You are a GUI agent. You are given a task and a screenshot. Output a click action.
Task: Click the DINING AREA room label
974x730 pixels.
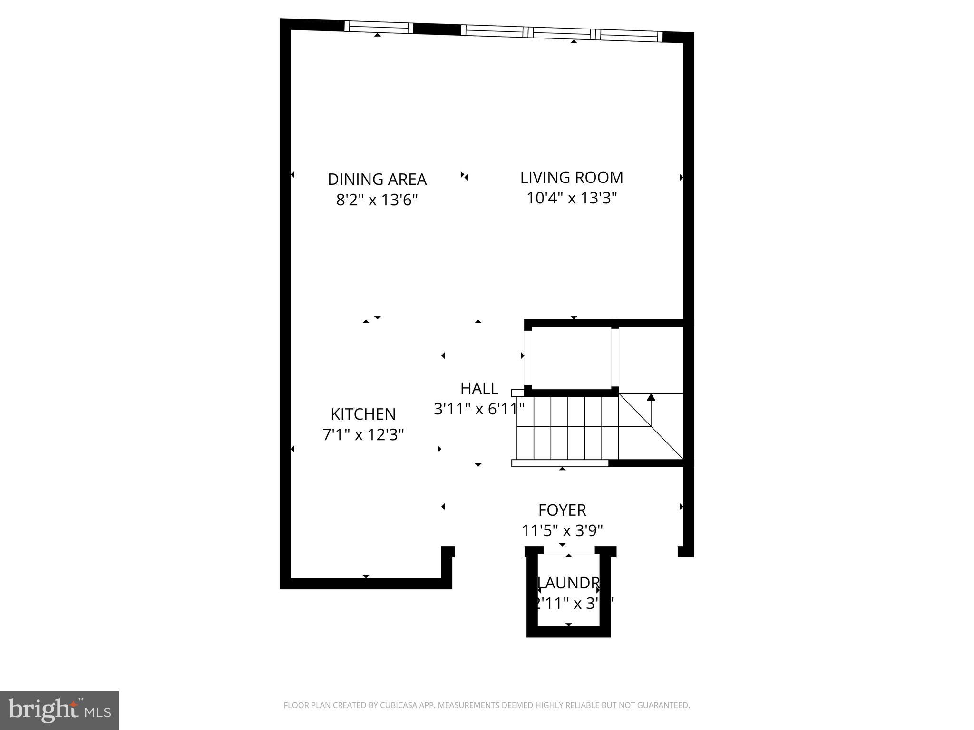coord(377,180)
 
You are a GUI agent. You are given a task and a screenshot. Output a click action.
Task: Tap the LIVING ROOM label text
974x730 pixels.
coord(571,178)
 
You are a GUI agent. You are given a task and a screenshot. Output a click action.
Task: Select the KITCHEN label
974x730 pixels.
coord(363,414)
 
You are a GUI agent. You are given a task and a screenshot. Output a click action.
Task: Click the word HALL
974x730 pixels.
coord(479,388)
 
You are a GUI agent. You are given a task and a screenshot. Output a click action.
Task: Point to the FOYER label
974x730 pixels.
coord(562,510)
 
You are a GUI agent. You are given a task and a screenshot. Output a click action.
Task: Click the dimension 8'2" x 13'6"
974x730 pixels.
coord(377,200)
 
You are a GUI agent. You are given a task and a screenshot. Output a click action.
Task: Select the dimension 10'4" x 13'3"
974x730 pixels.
coord(571,198)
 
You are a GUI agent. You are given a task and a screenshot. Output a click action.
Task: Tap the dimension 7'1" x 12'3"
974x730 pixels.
coord(363,434)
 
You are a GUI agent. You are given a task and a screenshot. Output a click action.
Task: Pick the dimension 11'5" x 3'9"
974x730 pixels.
coord(562,530)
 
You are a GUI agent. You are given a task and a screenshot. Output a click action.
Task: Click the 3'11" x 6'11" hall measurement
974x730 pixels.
coord(479,409)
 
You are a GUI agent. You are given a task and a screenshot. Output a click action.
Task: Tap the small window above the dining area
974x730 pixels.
coord(378,28)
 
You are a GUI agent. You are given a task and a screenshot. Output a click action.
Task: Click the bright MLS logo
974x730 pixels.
coord(59,711)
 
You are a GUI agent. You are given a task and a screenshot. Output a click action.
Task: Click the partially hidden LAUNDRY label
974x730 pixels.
coord(568,583)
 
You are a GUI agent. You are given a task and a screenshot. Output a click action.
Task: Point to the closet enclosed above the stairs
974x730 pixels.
coord(571,357)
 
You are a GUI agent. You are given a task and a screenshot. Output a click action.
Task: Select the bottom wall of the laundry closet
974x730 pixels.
coord(568,632)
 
